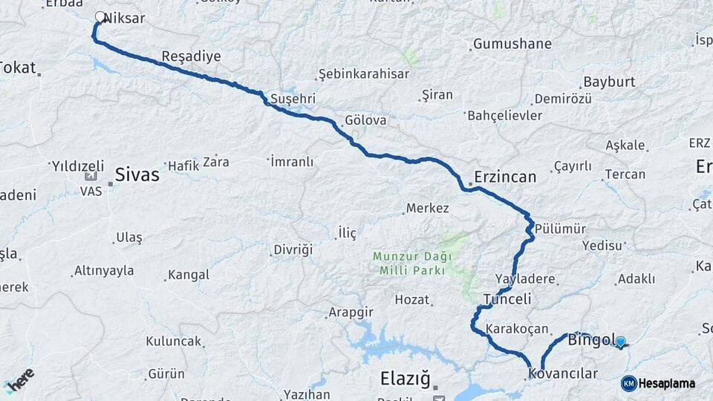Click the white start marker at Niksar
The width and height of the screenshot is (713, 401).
[100, 16]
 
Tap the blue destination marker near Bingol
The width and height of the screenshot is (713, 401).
[620, 342]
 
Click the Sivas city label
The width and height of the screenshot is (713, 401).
[137, 175]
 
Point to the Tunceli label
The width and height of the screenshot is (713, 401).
[507, 299]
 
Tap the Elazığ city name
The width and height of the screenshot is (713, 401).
[405, 379]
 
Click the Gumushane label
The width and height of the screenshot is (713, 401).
[512, 44]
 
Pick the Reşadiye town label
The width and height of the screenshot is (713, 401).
[191, 56]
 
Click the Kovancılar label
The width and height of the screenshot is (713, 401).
[570, 374]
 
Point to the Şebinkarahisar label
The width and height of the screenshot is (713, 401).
[363, 74]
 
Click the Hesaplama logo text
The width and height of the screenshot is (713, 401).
[666, 383]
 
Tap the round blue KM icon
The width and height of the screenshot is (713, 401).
[628, 383]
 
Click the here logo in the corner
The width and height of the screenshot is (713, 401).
[19, 379]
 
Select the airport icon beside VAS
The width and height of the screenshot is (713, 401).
[91, 176]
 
